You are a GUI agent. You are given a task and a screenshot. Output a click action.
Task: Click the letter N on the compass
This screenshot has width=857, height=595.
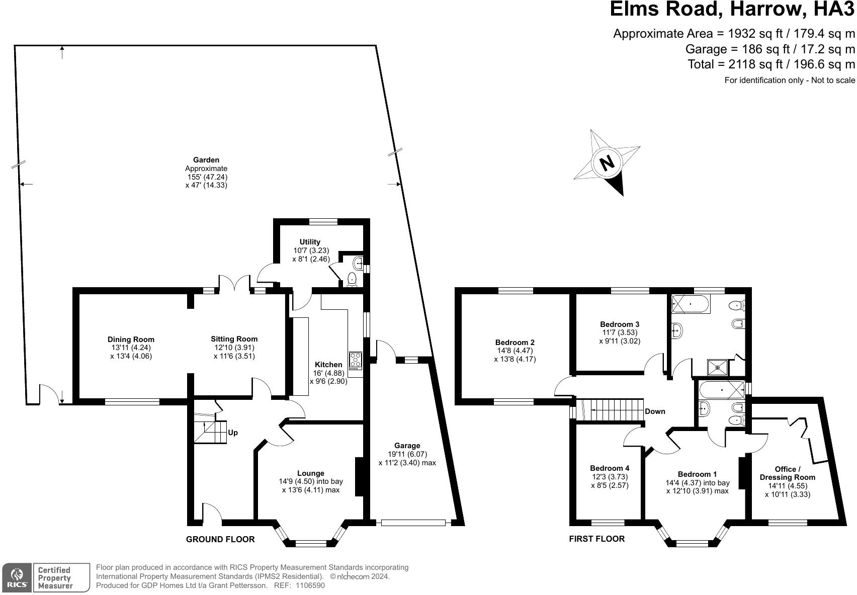pyautogui.click(x=607, y=162)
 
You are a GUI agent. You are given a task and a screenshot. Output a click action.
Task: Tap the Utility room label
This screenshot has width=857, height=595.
pyautogui.click(x=310, y=242)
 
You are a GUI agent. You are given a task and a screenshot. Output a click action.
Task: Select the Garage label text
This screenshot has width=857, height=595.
pyautogui.click(x=407, y=446)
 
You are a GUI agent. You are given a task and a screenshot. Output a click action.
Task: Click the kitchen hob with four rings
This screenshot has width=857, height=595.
pyautogui.click(x=356, y=361)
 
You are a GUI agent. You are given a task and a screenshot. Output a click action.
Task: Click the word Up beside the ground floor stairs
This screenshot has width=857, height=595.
pyautogui.click(x=233, y=433)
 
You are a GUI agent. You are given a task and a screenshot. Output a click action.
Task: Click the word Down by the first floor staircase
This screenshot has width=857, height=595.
pyautogui.click(x=655, y=411)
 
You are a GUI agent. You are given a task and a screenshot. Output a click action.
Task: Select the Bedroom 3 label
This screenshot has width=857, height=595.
pyautogui.click(x=620, y=324)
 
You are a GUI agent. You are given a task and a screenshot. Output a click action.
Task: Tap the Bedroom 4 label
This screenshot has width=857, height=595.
pyautogui.click(x=610, y=468)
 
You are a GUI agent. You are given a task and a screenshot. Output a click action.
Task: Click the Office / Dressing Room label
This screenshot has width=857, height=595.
pyautogui.click(x=787, y=473)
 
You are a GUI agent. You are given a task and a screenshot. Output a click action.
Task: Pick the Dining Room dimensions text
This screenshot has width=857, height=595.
pyautogui.click(x=131, y=352)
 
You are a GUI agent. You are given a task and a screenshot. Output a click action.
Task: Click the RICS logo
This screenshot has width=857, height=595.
pyautogui.click(x=17, y=577)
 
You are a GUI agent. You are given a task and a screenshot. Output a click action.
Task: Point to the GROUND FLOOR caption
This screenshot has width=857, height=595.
pyautogui.click(x=220, y=539)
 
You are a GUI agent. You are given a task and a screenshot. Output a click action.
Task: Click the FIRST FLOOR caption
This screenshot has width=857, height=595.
pyautogui.click(x=596, y=539)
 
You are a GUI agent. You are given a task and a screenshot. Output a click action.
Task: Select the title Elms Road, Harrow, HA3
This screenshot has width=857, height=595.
pyautogui.click(x=732, y=10)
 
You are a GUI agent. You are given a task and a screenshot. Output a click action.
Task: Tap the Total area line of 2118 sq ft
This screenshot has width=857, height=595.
pyautogui.click(x=771, y=64)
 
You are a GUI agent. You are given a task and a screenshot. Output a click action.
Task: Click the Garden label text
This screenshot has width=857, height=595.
pyautogui.click(x=206, y=160)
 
